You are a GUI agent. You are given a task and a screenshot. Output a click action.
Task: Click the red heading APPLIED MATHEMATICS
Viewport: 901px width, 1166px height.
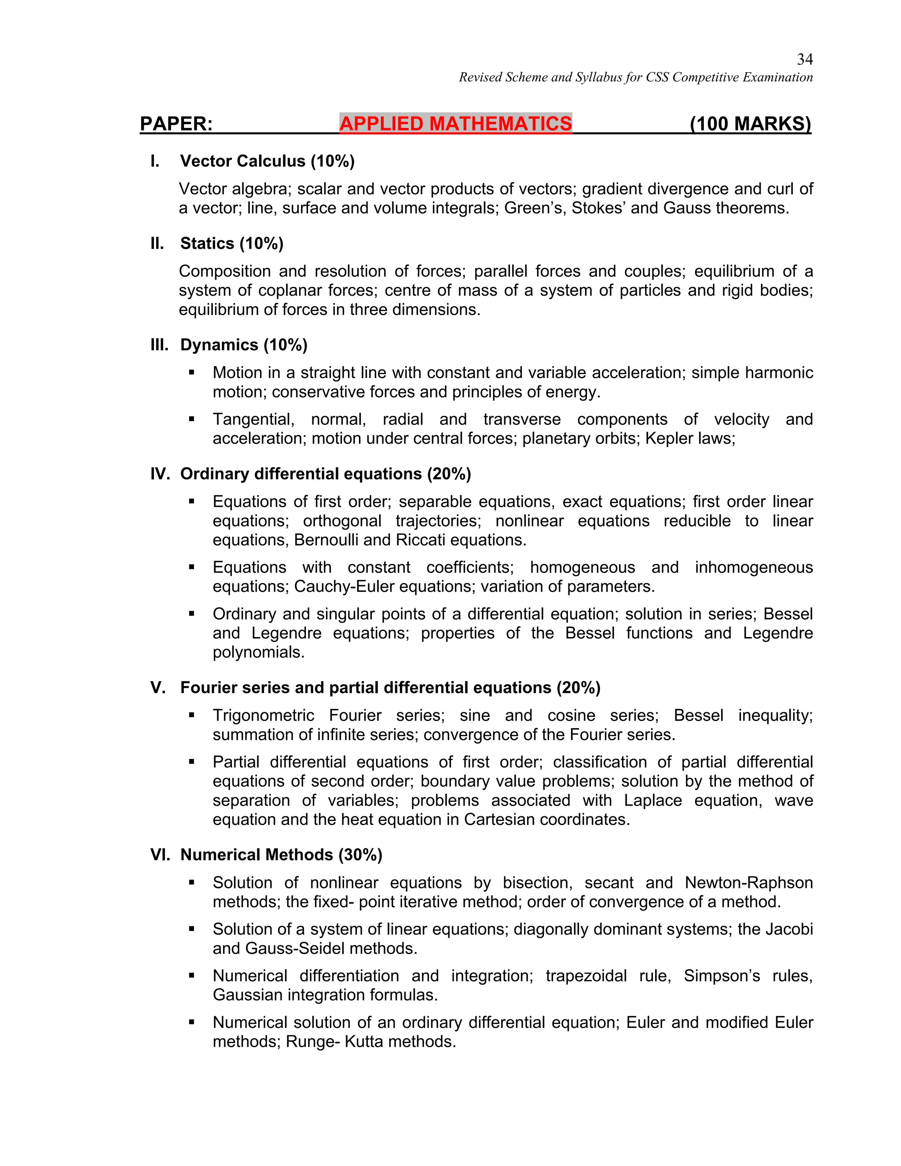click(455, 124)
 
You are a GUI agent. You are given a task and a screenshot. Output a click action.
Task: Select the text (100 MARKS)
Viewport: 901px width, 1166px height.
click(750, 124)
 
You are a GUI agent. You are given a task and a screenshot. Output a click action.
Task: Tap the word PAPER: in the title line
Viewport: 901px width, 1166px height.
click(176, 124)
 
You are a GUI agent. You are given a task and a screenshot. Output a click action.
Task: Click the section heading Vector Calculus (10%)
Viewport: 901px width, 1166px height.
click(267, 161)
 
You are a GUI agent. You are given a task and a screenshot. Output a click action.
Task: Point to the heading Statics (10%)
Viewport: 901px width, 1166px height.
click(232, 243)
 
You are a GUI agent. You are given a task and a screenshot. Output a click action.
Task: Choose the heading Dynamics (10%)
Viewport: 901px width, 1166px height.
click(243, 345)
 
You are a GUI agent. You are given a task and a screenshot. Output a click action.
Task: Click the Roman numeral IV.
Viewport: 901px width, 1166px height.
click(160, 474)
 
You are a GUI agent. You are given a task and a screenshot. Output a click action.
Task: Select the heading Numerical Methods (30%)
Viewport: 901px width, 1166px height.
click(281, 855)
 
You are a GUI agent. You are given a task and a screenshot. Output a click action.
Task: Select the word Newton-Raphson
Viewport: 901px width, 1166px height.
click(748, 883)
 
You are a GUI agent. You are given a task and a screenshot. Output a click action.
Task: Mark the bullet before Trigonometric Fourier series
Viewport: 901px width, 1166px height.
click(191, 715)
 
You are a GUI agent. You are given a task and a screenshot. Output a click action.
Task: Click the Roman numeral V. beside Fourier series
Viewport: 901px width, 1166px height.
click(158, 688)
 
